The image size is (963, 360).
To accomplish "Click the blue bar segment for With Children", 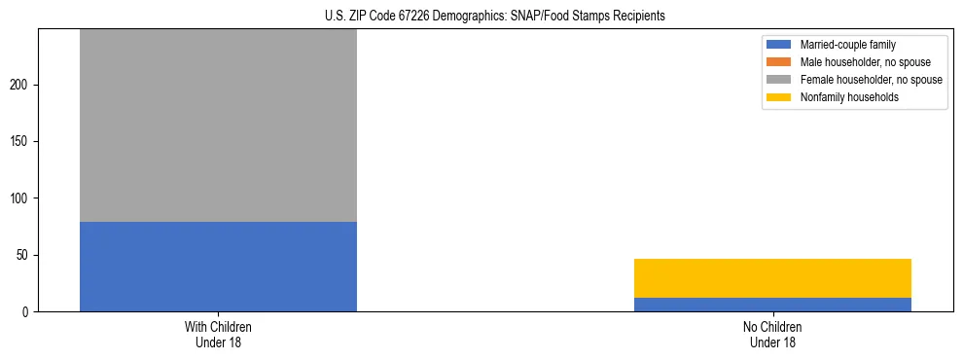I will [218, 267].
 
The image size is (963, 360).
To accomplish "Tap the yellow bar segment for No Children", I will [772, 278].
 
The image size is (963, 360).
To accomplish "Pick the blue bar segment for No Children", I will [772, 305].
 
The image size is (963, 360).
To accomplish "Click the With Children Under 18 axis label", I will [218, 334].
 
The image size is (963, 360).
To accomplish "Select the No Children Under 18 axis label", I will [772, 334].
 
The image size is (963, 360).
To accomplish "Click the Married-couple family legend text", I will [847, 45].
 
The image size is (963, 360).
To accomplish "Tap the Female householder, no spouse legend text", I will [871, 80].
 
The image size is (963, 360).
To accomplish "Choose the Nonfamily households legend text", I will [842, 97].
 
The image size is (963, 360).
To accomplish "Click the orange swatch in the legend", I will [779, 62].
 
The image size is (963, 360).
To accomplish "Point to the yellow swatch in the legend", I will [779, 97].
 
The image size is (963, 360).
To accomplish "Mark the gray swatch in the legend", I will [779, 80].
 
